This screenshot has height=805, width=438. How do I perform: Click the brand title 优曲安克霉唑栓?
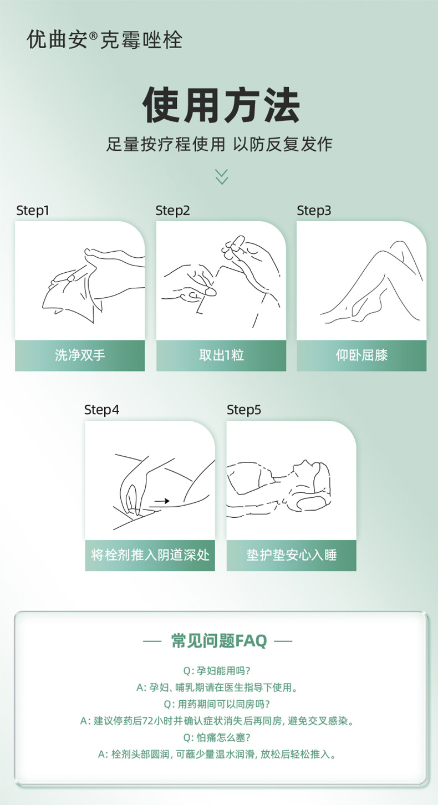(105, 39)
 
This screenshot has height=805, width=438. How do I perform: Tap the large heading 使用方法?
(221, 105)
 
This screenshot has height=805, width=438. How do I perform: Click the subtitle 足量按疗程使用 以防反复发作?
(219, 145)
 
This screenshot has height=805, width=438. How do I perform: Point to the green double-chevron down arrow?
(222, 176)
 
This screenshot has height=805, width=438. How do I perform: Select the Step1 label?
(33, 211)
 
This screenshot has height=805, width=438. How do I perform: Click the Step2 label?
(172, 211)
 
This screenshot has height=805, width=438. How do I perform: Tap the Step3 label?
(314, 211)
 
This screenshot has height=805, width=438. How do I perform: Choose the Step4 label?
(101, 410)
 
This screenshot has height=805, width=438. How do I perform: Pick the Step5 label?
(243, 410)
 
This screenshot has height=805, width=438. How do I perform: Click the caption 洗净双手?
(80, 355)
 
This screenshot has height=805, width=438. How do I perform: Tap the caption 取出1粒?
(221, 355)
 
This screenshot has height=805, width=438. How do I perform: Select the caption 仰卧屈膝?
(361, 355)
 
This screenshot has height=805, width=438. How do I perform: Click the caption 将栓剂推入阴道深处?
(150, 555)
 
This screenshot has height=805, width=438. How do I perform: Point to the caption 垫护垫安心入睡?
(292, 555)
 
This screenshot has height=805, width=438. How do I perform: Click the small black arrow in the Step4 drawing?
(162, 501)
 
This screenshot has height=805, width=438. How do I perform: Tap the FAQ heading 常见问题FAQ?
(219, 641)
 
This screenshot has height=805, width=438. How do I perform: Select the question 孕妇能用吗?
(217, 671)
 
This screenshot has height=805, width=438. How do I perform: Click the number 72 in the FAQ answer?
(148, 721)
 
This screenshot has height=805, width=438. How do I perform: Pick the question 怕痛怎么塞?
(217, 738)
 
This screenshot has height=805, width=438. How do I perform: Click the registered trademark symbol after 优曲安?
(93, 35)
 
